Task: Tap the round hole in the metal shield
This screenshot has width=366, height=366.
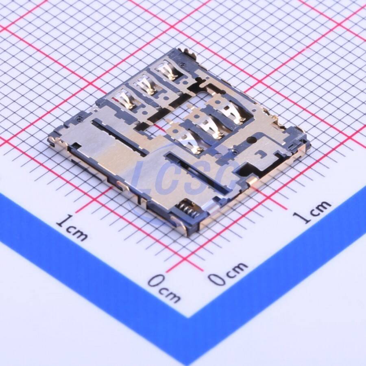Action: click(x=251, y=140)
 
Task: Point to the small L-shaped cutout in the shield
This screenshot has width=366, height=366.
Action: click(x=260, y=154)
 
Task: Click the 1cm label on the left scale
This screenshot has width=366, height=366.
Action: click(x=72, y=228)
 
